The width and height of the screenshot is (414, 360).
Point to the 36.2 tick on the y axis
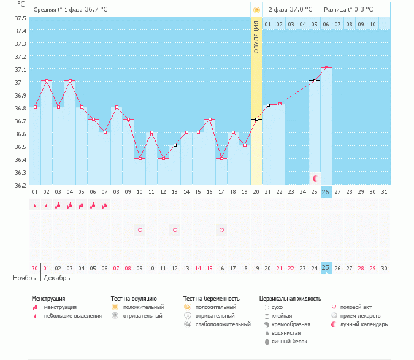20,185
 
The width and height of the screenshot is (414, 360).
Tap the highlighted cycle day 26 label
326,192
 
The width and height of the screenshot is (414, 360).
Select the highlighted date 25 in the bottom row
326,268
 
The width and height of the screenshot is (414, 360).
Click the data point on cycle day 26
326,67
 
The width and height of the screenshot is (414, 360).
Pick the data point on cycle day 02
47,81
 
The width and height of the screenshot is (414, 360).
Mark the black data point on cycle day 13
175,145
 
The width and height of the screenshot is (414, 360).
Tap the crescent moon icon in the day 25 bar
315,178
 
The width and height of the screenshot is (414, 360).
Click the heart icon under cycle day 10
140,230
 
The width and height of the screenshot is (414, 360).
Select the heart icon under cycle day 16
221,230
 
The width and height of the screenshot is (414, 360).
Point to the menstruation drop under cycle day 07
105,205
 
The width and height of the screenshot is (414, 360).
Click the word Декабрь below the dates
57,278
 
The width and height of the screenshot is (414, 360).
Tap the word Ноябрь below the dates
25,278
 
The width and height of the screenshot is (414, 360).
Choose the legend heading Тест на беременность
212,299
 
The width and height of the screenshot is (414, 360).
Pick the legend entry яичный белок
286,342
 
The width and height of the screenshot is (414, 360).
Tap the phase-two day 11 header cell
384,24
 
